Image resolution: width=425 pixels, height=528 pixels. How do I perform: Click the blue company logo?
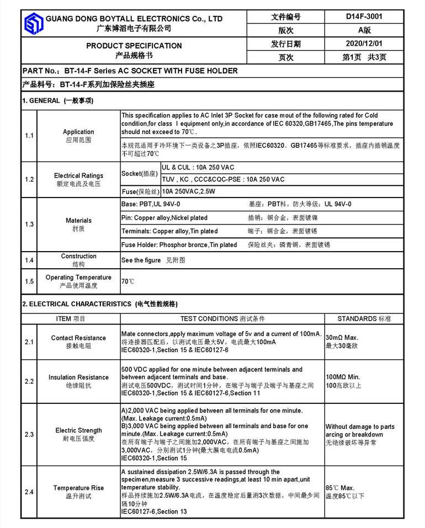[33, 23]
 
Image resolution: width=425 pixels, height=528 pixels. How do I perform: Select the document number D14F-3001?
[364, 17]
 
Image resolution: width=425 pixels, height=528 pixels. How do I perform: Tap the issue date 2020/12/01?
[364, 44]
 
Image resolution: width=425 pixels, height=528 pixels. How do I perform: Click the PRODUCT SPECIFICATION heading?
[134, 45]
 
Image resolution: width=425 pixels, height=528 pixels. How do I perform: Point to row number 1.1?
[29, 136]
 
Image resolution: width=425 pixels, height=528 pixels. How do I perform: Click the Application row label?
[78, 132]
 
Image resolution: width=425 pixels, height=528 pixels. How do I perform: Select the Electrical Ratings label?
[78, 175]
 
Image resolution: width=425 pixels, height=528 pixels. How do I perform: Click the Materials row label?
[78, 221]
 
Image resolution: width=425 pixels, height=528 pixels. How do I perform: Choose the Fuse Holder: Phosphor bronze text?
[179, 244]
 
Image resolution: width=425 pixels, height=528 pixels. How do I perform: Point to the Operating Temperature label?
[78, 278]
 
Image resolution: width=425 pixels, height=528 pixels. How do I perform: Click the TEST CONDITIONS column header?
[222, 318]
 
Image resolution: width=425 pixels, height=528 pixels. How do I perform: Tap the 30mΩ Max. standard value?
[342, 337]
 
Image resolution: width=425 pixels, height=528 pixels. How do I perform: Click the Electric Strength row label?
[78, 430]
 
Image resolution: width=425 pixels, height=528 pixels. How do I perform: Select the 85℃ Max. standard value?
[340, 488]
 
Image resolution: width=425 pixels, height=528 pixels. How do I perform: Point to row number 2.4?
[29, 492]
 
